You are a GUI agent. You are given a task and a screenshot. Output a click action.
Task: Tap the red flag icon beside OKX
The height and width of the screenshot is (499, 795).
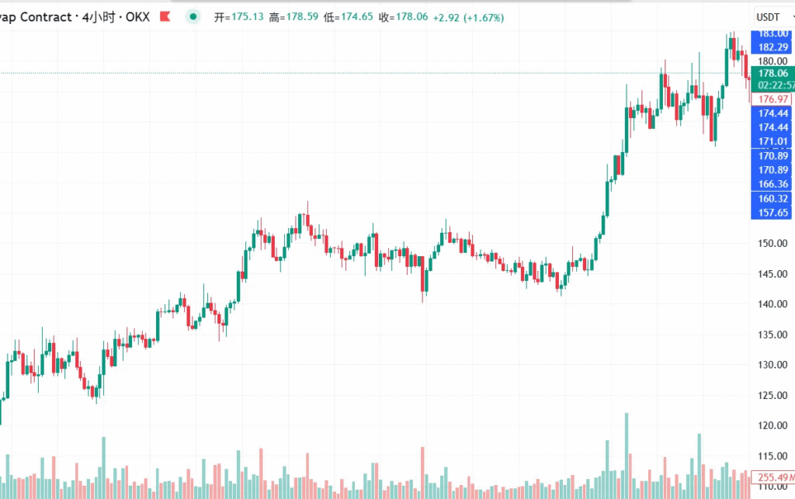[x=164, y=17]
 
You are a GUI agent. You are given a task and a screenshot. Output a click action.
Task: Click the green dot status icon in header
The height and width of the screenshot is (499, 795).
[x=192, y=17]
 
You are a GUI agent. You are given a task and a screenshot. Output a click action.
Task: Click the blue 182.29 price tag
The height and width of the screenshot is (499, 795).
[x=772, y=47]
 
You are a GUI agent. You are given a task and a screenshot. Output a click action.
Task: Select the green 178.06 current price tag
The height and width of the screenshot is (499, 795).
[x=772, y=73]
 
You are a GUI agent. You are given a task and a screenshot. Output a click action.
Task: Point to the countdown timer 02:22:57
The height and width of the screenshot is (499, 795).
[x=774, y=85]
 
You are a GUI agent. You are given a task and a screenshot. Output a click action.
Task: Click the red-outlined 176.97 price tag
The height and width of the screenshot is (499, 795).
[x=772, y=99]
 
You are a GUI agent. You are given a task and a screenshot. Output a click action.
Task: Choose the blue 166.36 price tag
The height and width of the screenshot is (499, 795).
[x=772, y=184]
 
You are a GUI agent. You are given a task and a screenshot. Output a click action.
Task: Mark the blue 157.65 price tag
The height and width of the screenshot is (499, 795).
[x=772, y=213]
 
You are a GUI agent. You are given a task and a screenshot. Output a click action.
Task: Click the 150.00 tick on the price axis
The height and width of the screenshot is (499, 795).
[x=772, y=244]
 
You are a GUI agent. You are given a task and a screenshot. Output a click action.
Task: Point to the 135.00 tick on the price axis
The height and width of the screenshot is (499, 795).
[x=772, y=334]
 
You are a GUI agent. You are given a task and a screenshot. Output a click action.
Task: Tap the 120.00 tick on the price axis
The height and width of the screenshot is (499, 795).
[x=772, y=425]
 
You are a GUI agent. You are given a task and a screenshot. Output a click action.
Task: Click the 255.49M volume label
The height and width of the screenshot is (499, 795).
[x=774, y=477]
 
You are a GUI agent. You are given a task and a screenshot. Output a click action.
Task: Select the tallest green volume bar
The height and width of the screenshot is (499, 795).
[x=626, y=458]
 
